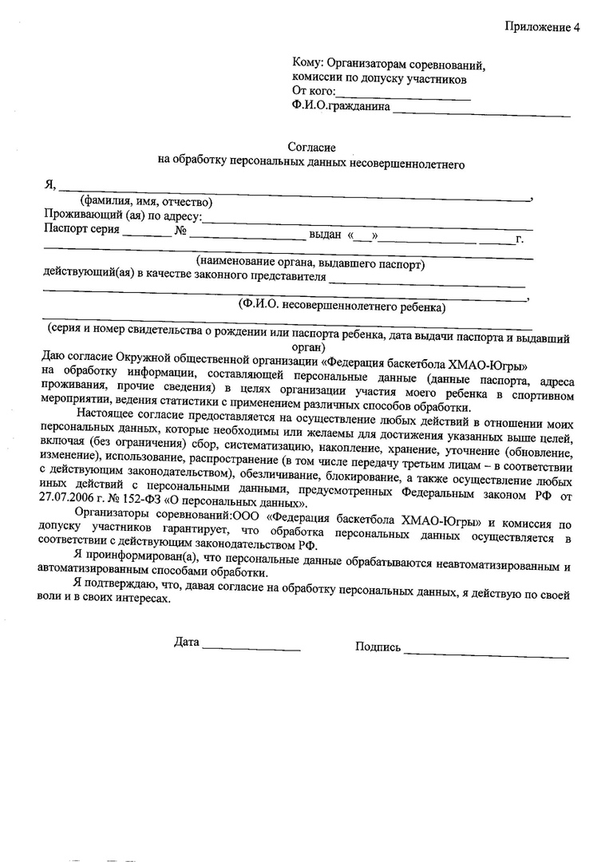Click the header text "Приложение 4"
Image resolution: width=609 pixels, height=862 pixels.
point(542,27)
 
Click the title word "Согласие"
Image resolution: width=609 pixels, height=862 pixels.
point(312,148)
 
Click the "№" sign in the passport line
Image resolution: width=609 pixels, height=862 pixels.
point(180,232)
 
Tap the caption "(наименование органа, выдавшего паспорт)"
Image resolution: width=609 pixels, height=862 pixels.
point(311,263)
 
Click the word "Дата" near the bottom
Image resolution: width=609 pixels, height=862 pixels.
point(186,642)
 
